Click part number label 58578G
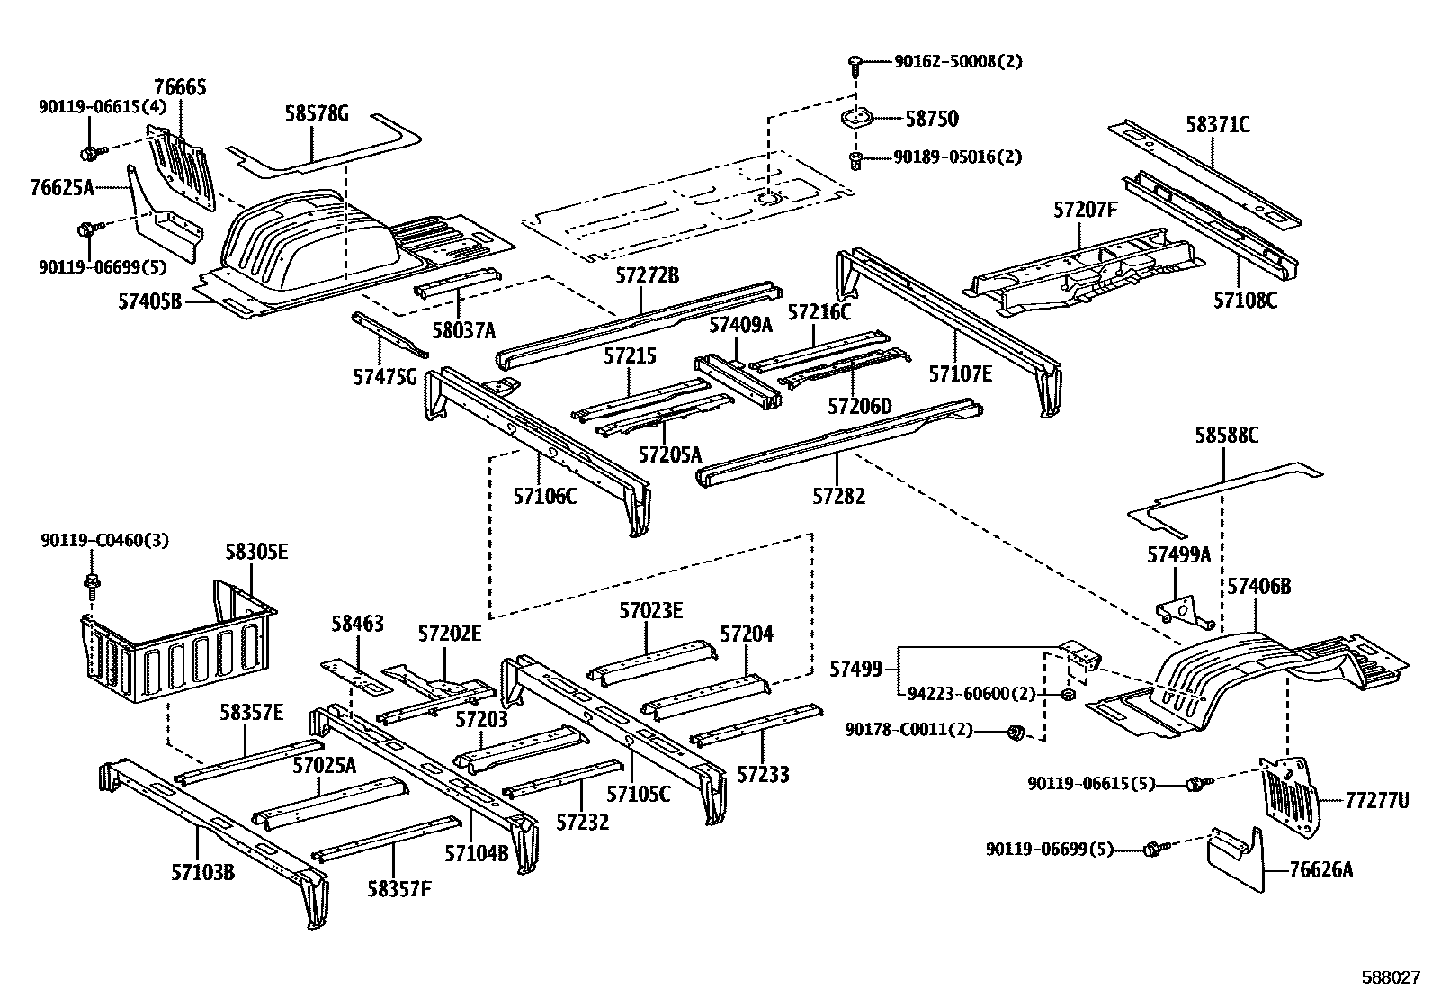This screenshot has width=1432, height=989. [316, 114]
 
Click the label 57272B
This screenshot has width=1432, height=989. [647, 275]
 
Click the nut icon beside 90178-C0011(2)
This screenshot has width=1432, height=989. [1014, 732]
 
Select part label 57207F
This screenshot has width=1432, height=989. [1086, 211]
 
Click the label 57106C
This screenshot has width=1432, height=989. [544, 495]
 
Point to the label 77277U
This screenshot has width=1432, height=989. [1376, 799]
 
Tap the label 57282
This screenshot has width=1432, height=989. [837, 495]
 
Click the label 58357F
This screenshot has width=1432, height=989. [398, 889]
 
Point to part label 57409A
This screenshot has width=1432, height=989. [739, 325]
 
